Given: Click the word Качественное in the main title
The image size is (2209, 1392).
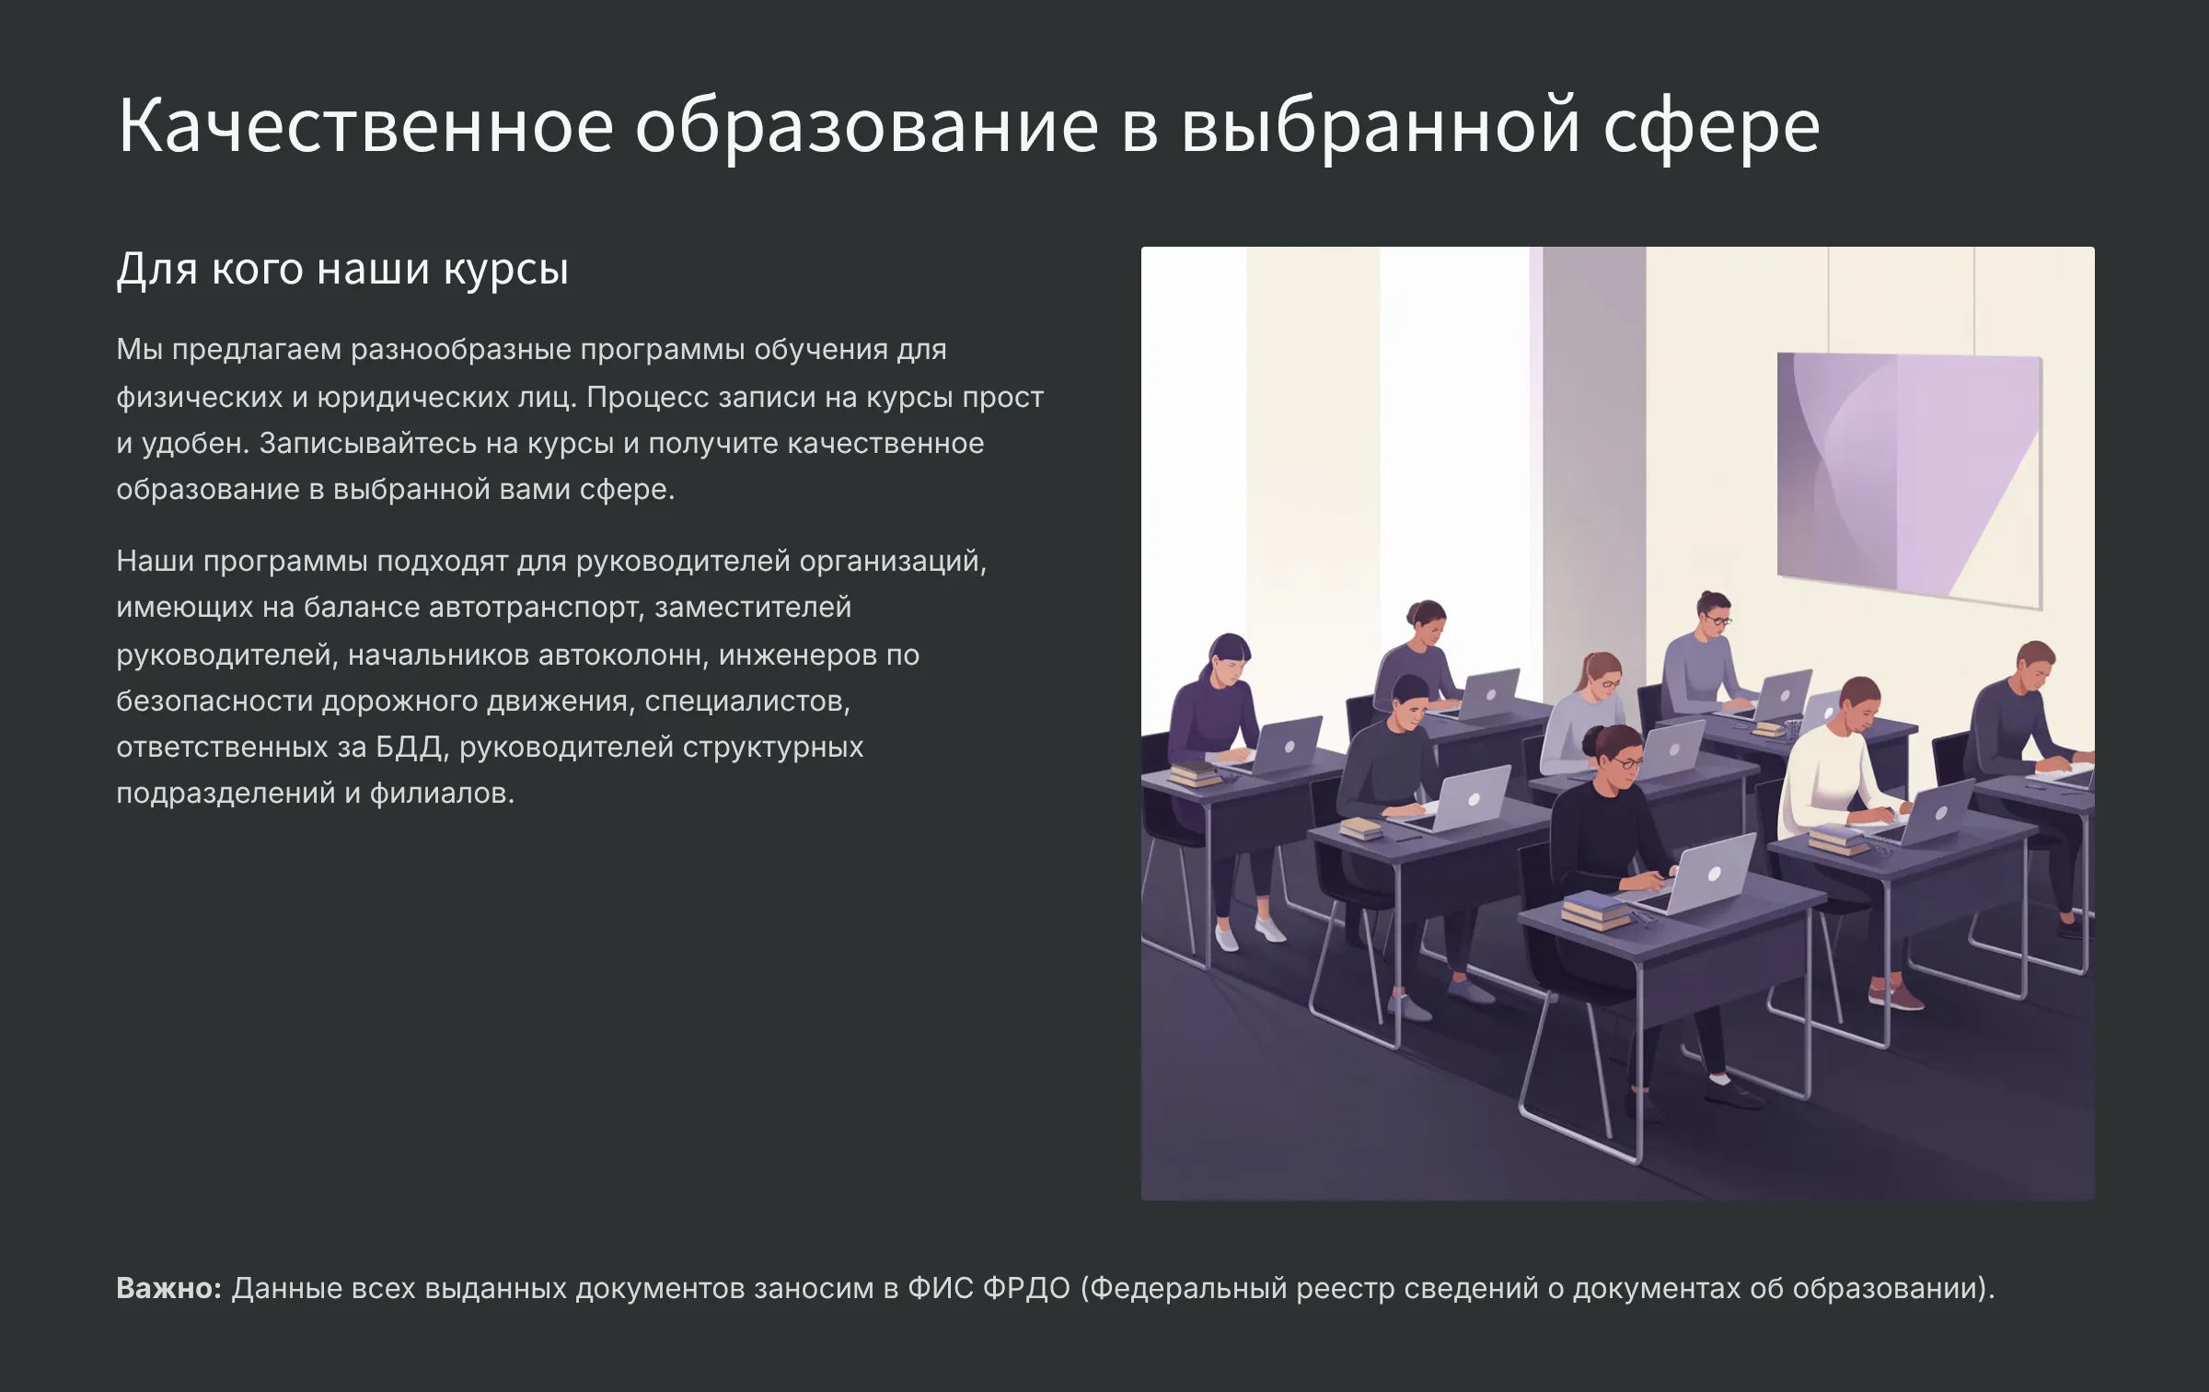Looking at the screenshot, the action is click(365, 125).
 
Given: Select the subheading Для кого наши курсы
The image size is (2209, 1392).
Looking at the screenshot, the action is click(342, 270).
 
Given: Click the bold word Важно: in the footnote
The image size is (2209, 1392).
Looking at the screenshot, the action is click(169, 1287).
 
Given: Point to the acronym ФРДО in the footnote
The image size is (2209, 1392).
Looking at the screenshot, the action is click(1026, 1287).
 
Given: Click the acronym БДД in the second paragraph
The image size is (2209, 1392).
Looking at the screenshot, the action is click(411, 747).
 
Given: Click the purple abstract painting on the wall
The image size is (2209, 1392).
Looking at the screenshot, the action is click(1909, 479).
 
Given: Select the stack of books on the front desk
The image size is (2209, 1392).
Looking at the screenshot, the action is click(1595, 910).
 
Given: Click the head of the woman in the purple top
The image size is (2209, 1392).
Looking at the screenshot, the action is click(1229, 657).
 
